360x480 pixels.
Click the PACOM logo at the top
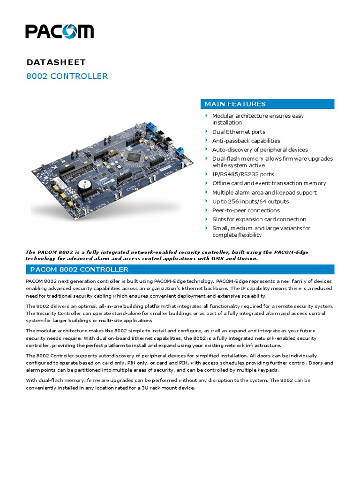coord(59,31)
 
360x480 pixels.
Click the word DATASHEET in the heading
coord(56,62)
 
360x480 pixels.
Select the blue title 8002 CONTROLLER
coord(67,76)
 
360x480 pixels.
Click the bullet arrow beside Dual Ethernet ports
coord(206,132)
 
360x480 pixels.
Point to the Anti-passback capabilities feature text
coord(246,141)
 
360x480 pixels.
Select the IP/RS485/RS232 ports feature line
coord(243,174)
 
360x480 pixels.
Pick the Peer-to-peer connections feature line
coord(246,210)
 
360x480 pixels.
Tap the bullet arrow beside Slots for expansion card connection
coord(206,219)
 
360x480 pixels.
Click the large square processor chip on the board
coord(134,158)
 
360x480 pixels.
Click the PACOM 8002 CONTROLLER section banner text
coord(79,270)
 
